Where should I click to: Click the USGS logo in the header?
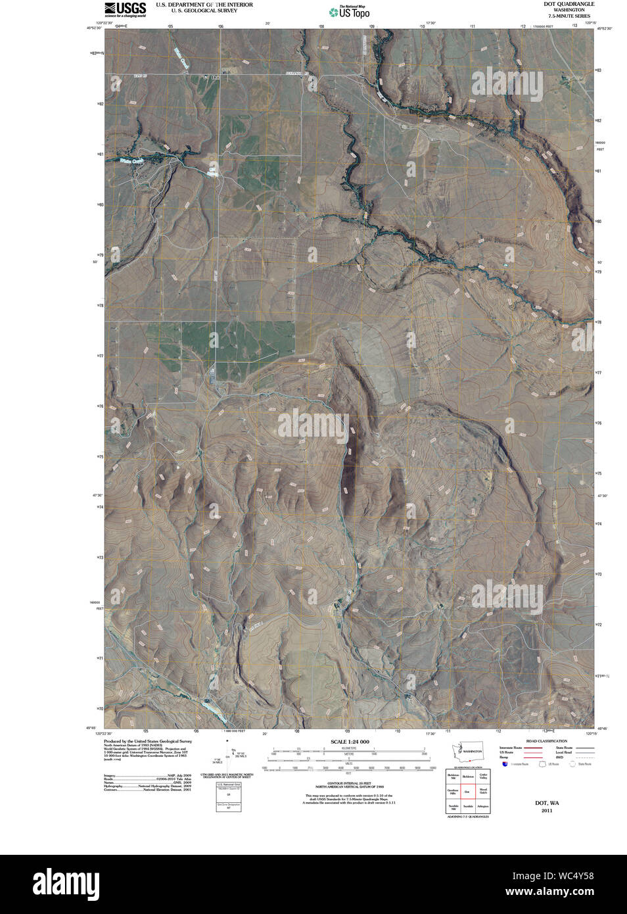(x=125, y=9)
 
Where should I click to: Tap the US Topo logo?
(x=350, y=11)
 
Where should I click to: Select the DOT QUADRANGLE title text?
(x=569, y=4)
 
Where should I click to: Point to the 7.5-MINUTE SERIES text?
(x=569, y=16)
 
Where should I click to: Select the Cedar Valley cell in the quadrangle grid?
(x=483, y=777)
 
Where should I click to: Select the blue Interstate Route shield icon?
(x=505, y=763)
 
